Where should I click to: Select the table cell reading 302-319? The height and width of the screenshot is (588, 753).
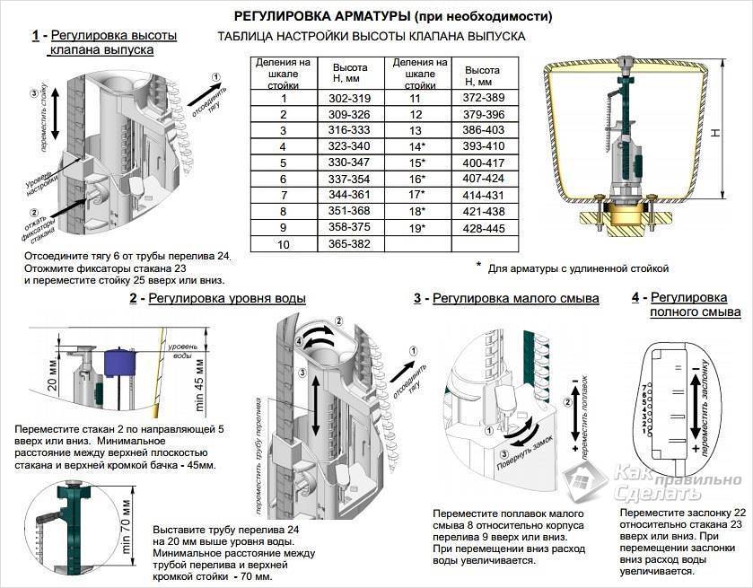[349, 98]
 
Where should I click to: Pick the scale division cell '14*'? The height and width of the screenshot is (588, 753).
[415, 146]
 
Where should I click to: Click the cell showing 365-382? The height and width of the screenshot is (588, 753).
[349, 243]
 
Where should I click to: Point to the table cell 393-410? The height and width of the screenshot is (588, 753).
[482, 146]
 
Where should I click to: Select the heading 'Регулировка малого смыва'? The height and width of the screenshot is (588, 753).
[515, 299]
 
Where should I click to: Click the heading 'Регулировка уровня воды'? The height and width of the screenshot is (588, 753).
[226, 299]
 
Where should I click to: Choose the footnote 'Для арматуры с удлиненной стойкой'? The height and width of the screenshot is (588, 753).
[578, 268]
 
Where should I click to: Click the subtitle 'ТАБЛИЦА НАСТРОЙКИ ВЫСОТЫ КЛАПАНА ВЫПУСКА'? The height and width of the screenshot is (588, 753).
[372, 37]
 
